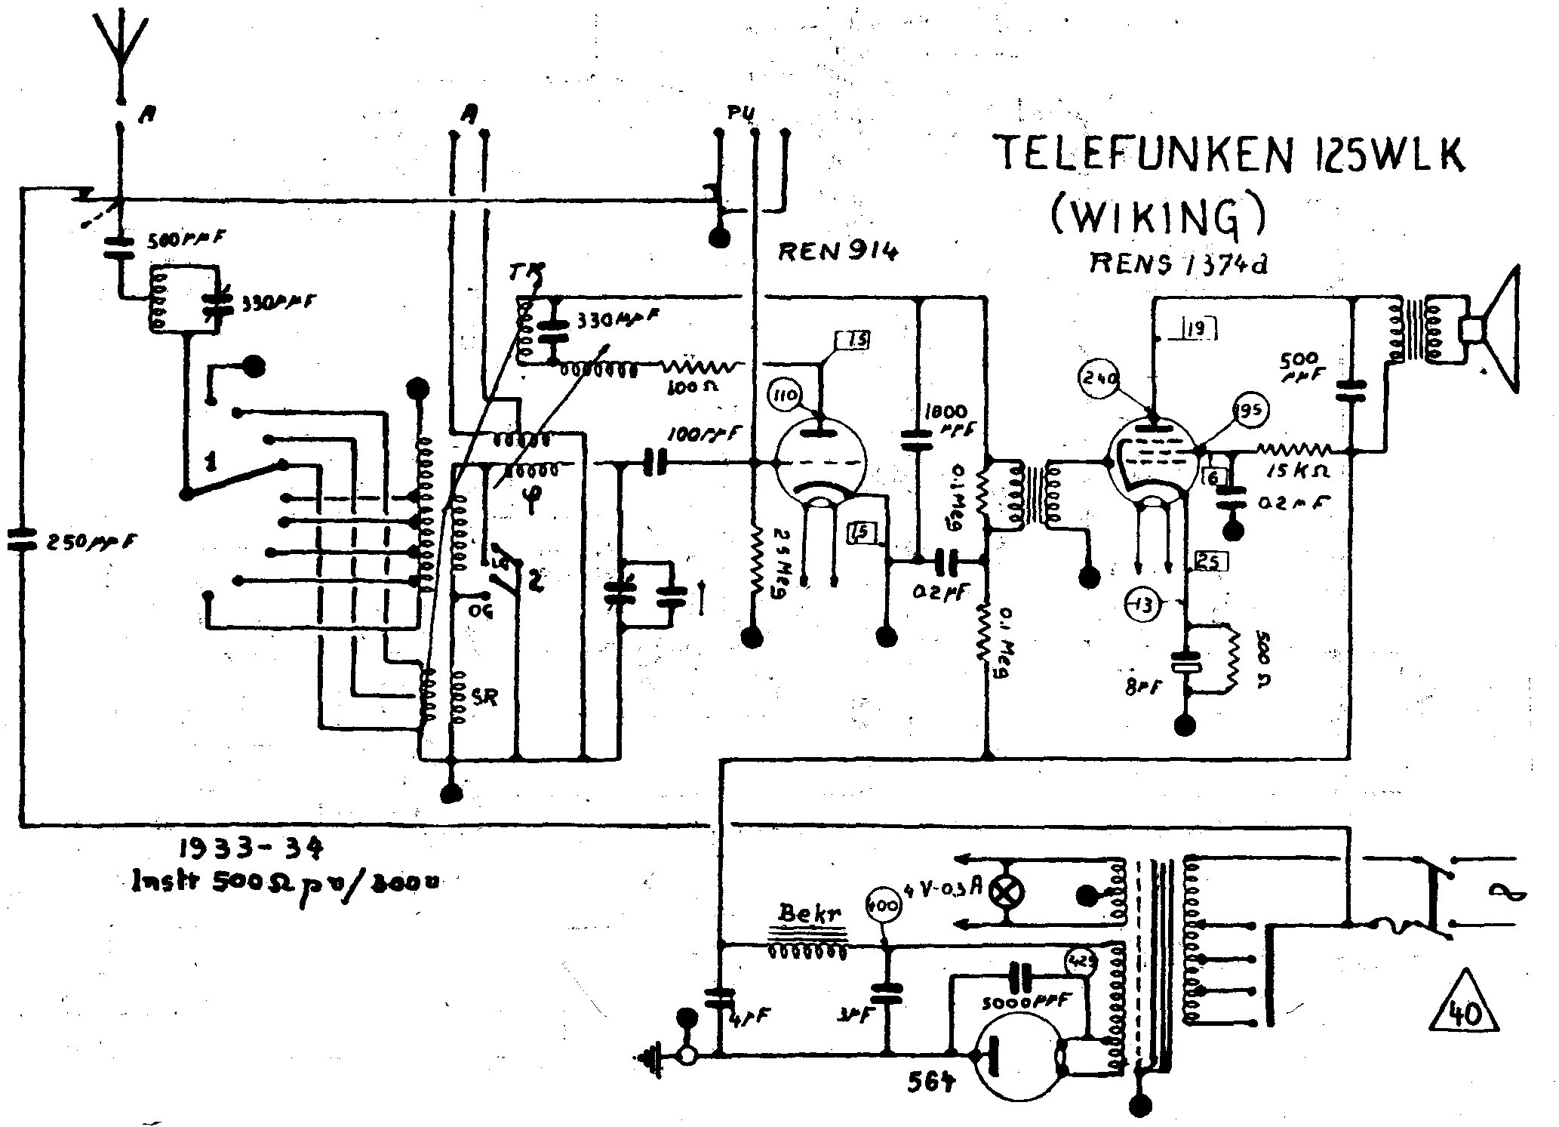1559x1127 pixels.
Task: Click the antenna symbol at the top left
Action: tap(120, 45)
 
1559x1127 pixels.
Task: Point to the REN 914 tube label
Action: tap(838, 251)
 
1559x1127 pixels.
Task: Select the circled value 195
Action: tap(1250, 410)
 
